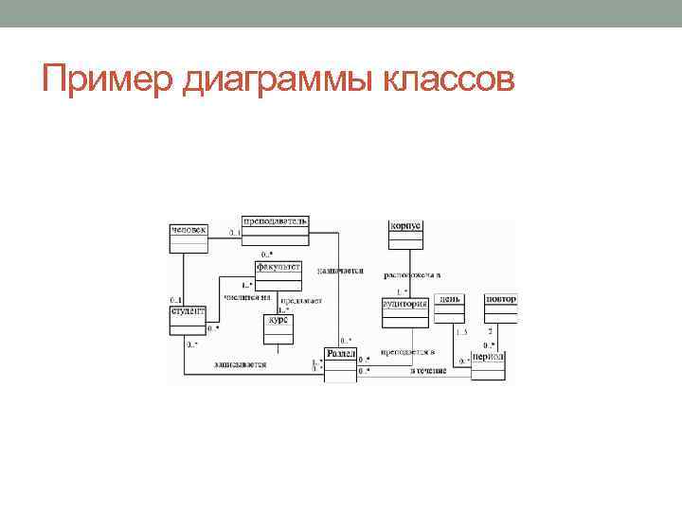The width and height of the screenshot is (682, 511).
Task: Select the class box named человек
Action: [187, 237]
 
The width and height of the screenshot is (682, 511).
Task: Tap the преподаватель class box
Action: [275, 226]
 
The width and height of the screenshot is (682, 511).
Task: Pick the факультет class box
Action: [278, 272]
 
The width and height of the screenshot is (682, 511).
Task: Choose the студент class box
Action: [187, 318]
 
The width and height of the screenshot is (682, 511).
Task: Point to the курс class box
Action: [278, 326]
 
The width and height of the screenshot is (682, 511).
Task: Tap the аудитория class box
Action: [405, 309]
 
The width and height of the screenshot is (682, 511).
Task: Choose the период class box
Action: [489, 363]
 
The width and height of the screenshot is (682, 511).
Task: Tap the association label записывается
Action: [240, 363]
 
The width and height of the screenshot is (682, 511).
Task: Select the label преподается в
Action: [407, 352]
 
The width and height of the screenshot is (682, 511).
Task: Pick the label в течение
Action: [428, 371]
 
